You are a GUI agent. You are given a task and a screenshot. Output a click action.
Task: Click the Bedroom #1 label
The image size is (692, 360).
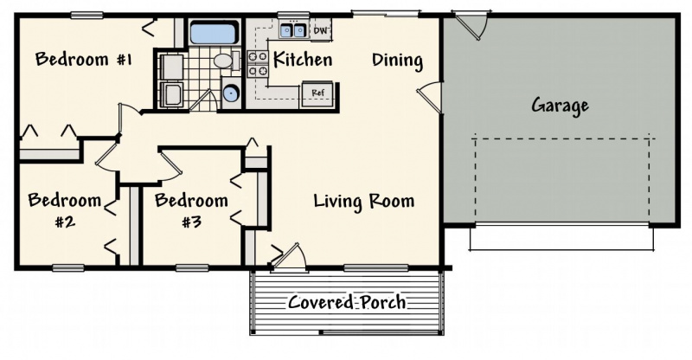pos(83,59)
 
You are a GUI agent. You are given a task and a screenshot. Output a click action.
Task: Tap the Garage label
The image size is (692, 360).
pos(560,106)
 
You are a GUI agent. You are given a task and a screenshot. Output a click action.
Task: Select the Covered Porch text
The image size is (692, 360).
pos(347,303)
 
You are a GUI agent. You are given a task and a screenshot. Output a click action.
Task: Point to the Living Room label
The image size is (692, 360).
pos(363,202)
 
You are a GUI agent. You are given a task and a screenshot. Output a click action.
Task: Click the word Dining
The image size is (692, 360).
pos(397,60)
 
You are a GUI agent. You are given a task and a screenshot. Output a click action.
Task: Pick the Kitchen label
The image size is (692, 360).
pos(303,59)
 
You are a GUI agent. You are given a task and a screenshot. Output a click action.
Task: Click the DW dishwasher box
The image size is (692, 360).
pos(322,30)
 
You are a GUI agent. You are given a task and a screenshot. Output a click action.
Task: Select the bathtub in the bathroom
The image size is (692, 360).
pos(214,34)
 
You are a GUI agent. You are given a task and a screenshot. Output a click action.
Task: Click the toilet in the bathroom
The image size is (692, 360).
pos(226,61)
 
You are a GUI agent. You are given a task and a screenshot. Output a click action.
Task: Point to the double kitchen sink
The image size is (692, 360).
pos(292,30)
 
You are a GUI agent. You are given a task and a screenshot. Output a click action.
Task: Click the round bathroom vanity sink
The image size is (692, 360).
pos(230,93)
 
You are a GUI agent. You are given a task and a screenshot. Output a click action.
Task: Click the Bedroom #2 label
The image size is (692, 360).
pos(65,209)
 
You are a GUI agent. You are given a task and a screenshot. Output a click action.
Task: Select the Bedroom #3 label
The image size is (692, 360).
pos(191,209)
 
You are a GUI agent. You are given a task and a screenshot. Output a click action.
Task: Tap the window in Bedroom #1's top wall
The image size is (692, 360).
pos(87,16)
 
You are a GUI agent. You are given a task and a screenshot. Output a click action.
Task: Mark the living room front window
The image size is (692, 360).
pos(376,267)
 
